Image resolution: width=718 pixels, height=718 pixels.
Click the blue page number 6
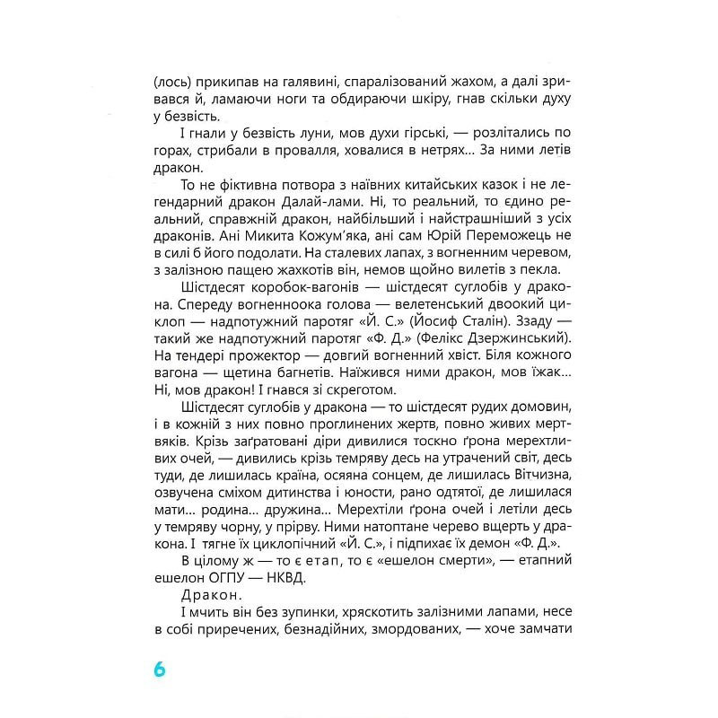160,670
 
